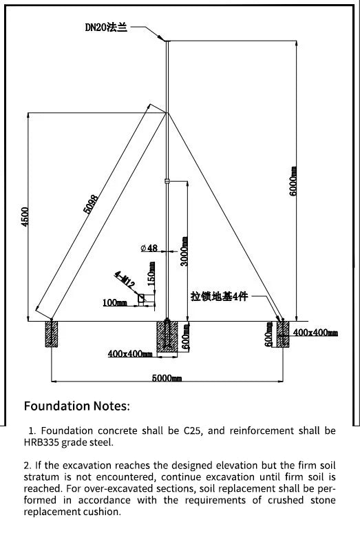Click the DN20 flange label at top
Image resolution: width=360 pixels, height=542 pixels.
tap(106, 27)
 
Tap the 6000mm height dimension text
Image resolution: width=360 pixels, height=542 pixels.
tap(293, 181)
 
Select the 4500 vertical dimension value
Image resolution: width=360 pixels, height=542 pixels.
tap(25, 217)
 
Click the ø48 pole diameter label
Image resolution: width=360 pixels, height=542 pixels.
tap(149, 248)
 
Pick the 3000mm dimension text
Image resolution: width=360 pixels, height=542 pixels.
tap(184, 251)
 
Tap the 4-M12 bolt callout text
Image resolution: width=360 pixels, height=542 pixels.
tap(125, 280)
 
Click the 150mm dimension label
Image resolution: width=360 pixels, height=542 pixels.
tap(151, 274)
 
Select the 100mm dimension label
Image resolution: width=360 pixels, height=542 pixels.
tap(115, 303)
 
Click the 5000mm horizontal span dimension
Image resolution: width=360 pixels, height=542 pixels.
tap(167, 378)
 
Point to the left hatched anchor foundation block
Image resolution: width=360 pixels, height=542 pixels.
tap(52, 334)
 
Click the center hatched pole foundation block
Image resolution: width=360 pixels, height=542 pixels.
tap(167, 337)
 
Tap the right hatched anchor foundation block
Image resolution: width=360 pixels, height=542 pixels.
tap(283, 334)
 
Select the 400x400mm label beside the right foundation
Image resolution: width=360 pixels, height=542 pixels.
tap(315, 333)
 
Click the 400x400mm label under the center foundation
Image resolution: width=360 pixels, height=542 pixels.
tap(130, 353)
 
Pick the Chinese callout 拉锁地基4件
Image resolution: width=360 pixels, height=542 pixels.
tap(219, 296)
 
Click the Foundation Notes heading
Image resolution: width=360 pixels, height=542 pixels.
tap(76, 406)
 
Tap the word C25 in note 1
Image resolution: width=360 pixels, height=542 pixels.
tap(193, 430)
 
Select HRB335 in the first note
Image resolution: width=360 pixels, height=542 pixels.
tap(41, 442)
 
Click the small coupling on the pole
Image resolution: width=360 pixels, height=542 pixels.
tap(167, 181)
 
